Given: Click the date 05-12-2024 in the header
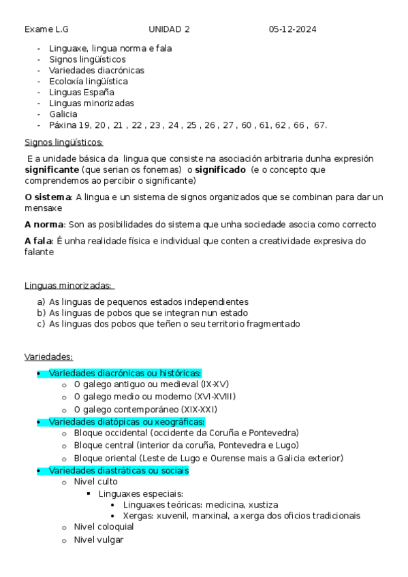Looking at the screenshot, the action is coord(292,29).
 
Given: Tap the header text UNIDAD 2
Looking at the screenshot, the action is coord(169,29).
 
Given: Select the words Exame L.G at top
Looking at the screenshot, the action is coord(46,29).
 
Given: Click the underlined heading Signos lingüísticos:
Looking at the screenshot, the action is coord(63,142).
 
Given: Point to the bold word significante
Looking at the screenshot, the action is coord(51,169).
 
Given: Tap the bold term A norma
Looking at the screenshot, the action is coord(44,224).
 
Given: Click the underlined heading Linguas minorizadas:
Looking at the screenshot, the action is coord(68,285).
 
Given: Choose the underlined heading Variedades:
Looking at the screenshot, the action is coord(48,357).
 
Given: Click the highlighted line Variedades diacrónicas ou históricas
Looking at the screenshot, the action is coord(125,373).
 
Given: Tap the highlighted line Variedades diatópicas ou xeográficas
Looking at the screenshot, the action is coord(127,422).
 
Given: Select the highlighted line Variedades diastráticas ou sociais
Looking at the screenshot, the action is coord(119,471).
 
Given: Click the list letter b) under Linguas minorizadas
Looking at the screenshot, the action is coord(42,313).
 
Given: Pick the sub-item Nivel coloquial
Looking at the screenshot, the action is coord(104,527).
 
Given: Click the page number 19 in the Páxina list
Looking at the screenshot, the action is coord(84,125).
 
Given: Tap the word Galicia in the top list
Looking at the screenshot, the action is coord(63,114).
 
